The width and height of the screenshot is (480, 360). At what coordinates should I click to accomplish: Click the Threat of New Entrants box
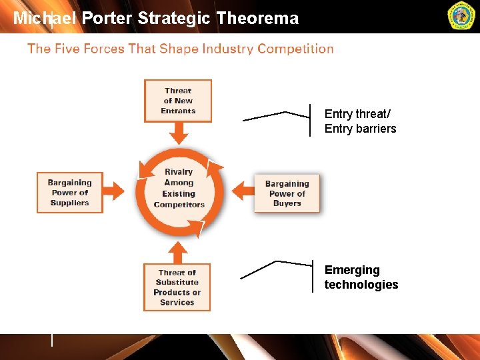click(x=178, y=101)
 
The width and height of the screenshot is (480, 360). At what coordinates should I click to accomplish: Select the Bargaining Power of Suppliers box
click(x=70, y=193)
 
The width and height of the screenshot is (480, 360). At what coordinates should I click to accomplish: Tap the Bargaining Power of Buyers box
click(x=287, y=193)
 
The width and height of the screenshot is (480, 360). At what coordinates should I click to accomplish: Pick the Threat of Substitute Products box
click(x=177, y=287)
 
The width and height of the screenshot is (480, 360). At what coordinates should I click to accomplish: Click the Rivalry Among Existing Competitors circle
click(x=179, y=189)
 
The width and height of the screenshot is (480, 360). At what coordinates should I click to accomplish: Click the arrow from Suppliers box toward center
click(x=115, y=192)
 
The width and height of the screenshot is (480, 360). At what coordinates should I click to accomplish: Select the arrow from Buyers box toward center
click(x=245, y=192)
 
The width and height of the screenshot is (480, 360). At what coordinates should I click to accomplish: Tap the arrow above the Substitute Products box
click(x=177, y=252)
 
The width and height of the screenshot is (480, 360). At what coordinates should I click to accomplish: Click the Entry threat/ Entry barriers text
click(x=360, y=121)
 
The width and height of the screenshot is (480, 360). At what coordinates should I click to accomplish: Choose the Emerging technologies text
click(x=361, y=277)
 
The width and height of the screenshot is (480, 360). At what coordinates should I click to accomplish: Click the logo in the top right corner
click(x=461, y=17)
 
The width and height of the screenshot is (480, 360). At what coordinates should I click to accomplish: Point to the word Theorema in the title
click(x=257, y=19)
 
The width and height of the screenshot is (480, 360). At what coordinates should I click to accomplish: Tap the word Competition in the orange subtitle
click(x=295, y=49)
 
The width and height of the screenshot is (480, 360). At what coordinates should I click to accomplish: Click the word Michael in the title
click(x=45, y=19)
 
